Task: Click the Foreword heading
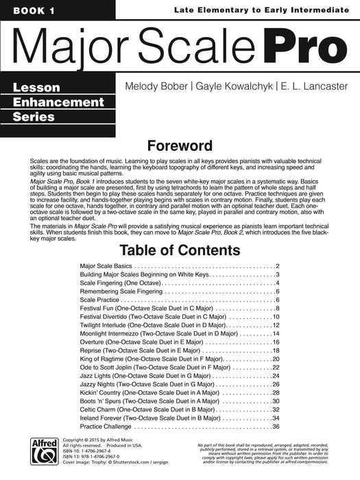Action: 180,146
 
